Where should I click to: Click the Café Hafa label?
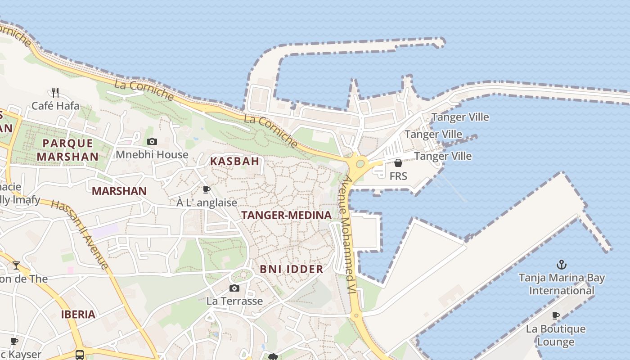pos(55,106)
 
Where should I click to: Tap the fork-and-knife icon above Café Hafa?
pos(55,93)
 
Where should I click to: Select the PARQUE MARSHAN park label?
pos(67,150)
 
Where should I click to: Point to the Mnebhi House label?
pos(152,155)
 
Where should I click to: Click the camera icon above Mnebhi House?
pos(152,142)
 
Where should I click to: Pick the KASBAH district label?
pos(234,161)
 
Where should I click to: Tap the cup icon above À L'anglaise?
pos(207,189)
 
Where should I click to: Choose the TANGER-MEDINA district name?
pos(286,215)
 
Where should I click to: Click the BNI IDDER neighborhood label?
pos(292,270)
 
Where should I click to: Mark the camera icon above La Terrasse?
pos(234,288)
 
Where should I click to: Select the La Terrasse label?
pos(234,301)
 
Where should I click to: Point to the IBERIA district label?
pos(78,315)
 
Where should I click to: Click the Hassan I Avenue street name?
pos(80,234)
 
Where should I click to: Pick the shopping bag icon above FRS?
pos(398,163)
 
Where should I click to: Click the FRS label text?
pos(398,176)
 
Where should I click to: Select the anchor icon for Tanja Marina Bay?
pos(561,264)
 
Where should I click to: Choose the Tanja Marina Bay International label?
pos(562,284)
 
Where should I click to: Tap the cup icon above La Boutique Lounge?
pos(556,315)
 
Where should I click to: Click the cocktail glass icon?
pos(16,265)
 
